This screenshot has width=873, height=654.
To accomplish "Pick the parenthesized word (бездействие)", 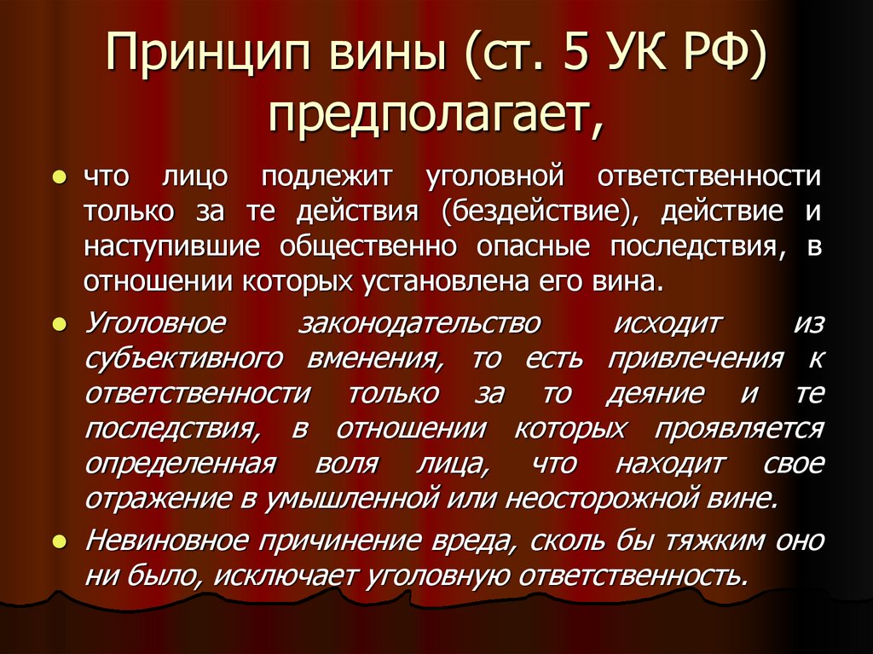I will click(541, 211).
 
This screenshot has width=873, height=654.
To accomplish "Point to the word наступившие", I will click(167, 246).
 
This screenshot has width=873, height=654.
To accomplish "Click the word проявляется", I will click(739, 428).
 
